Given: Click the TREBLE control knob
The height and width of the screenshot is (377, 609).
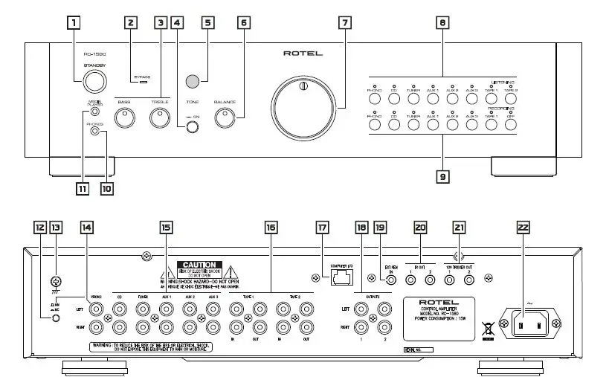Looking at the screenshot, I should (159, 117).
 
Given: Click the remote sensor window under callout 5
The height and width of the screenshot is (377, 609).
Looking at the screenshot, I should (193, 81).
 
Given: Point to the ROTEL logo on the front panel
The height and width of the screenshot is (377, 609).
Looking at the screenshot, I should (302, 54).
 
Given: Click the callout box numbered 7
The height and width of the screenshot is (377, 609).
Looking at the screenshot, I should (344, 22).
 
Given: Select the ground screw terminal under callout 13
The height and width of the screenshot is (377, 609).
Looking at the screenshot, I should (54, 282).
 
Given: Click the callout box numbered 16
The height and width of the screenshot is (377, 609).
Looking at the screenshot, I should (271, 226).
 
